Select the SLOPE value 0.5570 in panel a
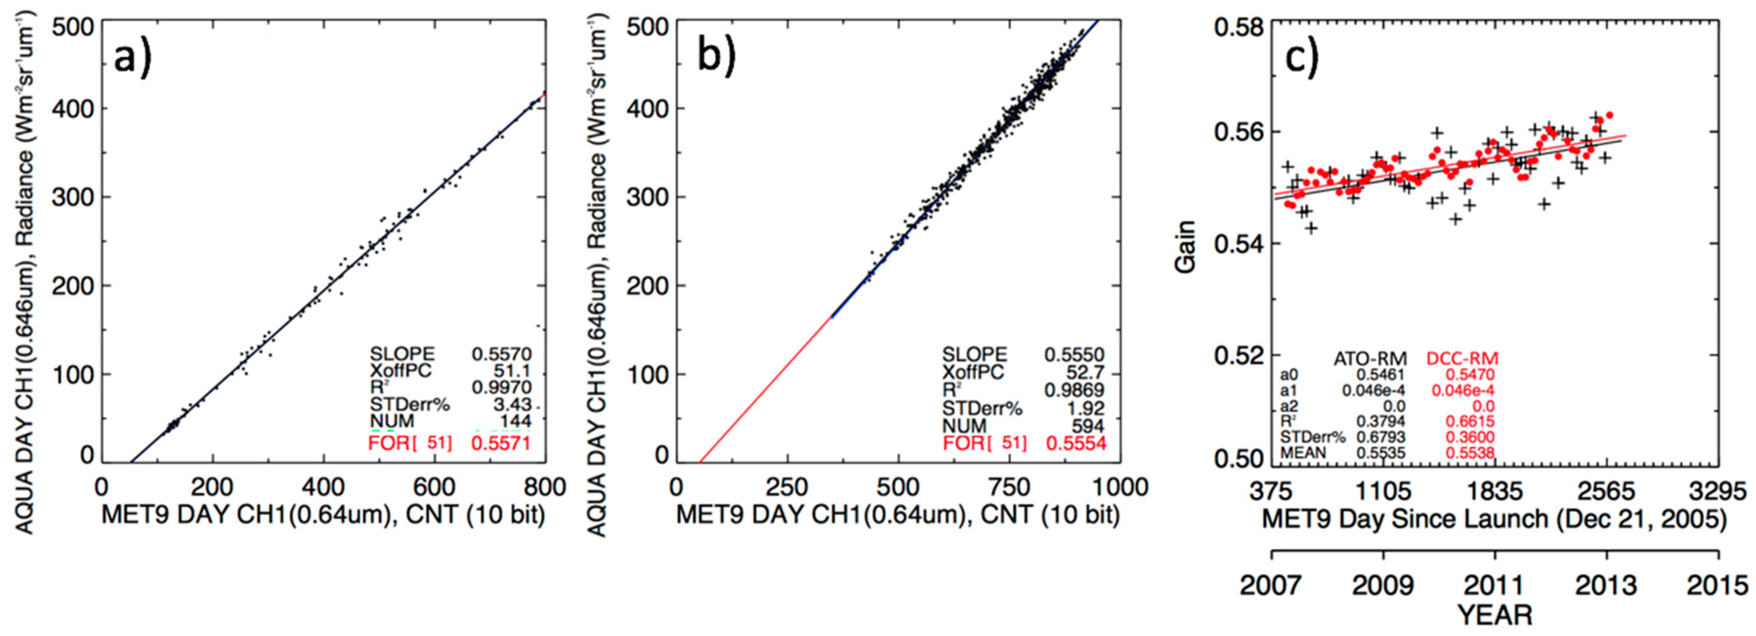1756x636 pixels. pyautogui.click(x=501, y=354)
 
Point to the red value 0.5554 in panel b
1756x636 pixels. pyautogui.click(x=1076, y=444)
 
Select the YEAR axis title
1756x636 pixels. pyautogui.click(x=1494, y=615)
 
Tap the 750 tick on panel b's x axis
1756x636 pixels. pyautogui.click(x=1009, y=488)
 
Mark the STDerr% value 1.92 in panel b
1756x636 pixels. pyautogui.click(x=1088, y=409)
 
